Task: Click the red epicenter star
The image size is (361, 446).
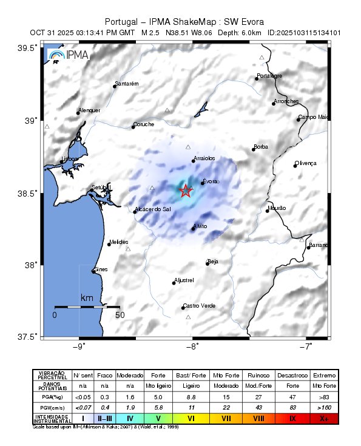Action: pyautogui.click(x=186, y=191)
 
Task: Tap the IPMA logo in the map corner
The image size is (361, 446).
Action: pyautogui.click(x=69, y=56)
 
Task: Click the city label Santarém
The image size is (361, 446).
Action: pyautogui.click(x=127, y=83)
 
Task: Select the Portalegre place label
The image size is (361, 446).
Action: pyautogui.click(x=269, y=76)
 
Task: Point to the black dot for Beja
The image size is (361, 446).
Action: pyautogui.click(x=208, y=264)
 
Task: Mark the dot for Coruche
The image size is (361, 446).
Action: pyautogui.click(x=133, y=127)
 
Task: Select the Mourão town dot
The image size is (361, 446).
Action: pyautogui.click(x=267, y=211)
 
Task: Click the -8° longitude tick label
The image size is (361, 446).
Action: pyautogui.click(x=192, y=347)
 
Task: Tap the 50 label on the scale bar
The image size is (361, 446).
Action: pyautogui.click(x=120, y=316)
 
